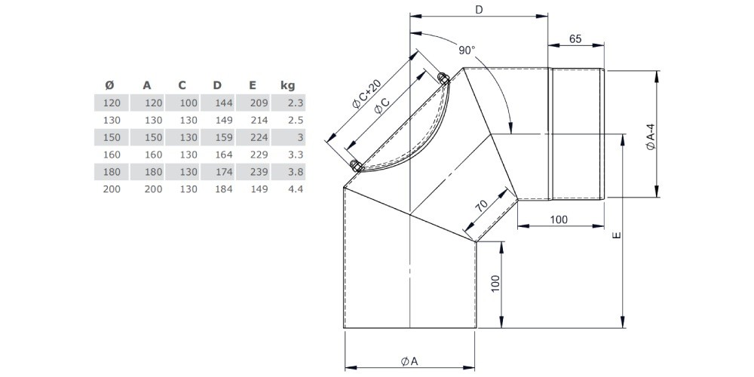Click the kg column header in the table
pyautogui.click(x=287, y=86)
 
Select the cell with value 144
pyautogui.click(x=224, y=103)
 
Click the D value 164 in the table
pyautogui.click(x=224, y=155)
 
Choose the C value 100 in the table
pyautogui.click(x=188, y=103)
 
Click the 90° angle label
pyautogui.click(x=467, y=50)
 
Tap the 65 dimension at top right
pyautogui.click(x=575, y=39)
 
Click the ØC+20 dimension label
pyautogui.click(x=367, y=93)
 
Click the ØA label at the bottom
pyautogui.click(x=409, y=360)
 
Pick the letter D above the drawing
pyautogui.click(x=479, y=9)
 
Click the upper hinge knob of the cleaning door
pyautogui.click(x=443, y=78)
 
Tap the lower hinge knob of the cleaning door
pyautogui.click(x=357, y=165)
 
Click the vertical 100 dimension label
pyautogui.click(x=496, y=284)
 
